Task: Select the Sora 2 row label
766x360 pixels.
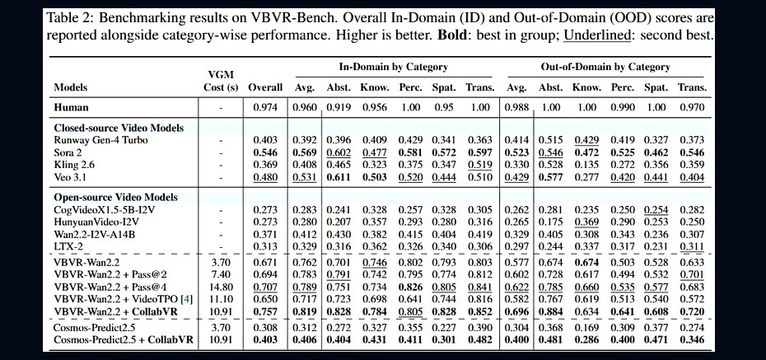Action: click(68, 152)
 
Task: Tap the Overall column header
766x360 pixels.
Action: click(265, 87)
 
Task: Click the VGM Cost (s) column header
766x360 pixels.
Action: click(220, 81)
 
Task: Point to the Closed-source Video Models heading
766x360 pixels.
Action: click(119, 128)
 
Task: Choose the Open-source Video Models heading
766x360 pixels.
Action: click(116, 198)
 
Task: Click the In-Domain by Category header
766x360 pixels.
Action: click(393, 67)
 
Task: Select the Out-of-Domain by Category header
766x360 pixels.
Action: click(605, 67)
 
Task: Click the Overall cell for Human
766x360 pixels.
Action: click(265, 107)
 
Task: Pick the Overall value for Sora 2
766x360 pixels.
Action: click(265, 152)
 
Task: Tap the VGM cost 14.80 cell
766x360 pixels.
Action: click(220, 288)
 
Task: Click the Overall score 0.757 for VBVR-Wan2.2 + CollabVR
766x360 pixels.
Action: click(265, 311)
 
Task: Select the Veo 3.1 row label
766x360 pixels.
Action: click(68, 177)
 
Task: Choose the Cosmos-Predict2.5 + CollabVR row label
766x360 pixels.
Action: click(124, 339)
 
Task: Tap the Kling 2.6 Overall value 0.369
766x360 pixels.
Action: click(265, 165)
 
